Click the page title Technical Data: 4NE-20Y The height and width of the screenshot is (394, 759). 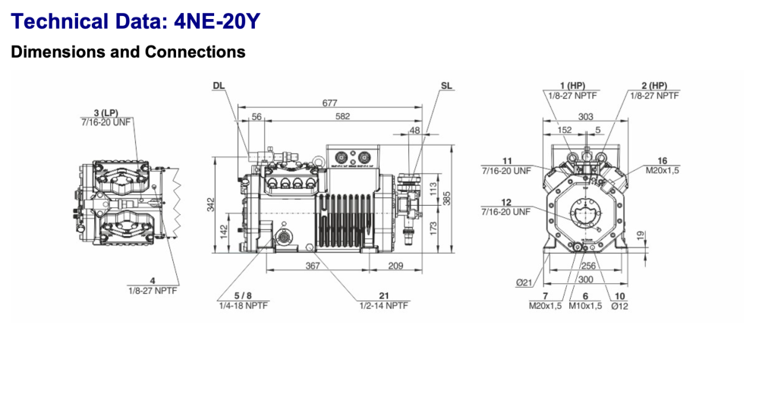click(x=136, y=21)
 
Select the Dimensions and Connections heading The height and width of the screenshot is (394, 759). click(x=128, y=52)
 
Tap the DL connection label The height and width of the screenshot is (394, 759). click(x=219, y=86)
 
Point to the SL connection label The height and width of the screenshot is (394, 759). click(x=446, y=86)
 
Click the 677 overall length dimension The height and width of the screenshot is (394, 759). click(x=329, y=102)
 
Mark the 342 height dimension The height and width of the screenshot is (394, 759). click(x=212, y=205)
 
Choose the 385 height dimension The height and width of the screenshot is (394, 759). click(x=447, y=199)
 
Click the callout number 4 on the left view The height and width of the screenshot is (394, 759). click(x=152, y=281)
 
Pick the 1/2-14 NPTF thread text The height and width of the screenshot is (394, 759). click(x=383, y=305)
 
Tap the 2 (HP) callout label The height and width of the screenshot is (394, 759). click(x=653, y=85)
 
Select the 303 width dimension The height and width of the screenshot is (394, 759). click(x=585, y=116)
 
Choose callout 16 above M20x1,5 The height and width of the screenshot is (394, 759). click(x=662, y=161)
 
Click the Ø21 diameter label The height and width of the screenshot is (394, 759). click(x=524, y=282)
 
